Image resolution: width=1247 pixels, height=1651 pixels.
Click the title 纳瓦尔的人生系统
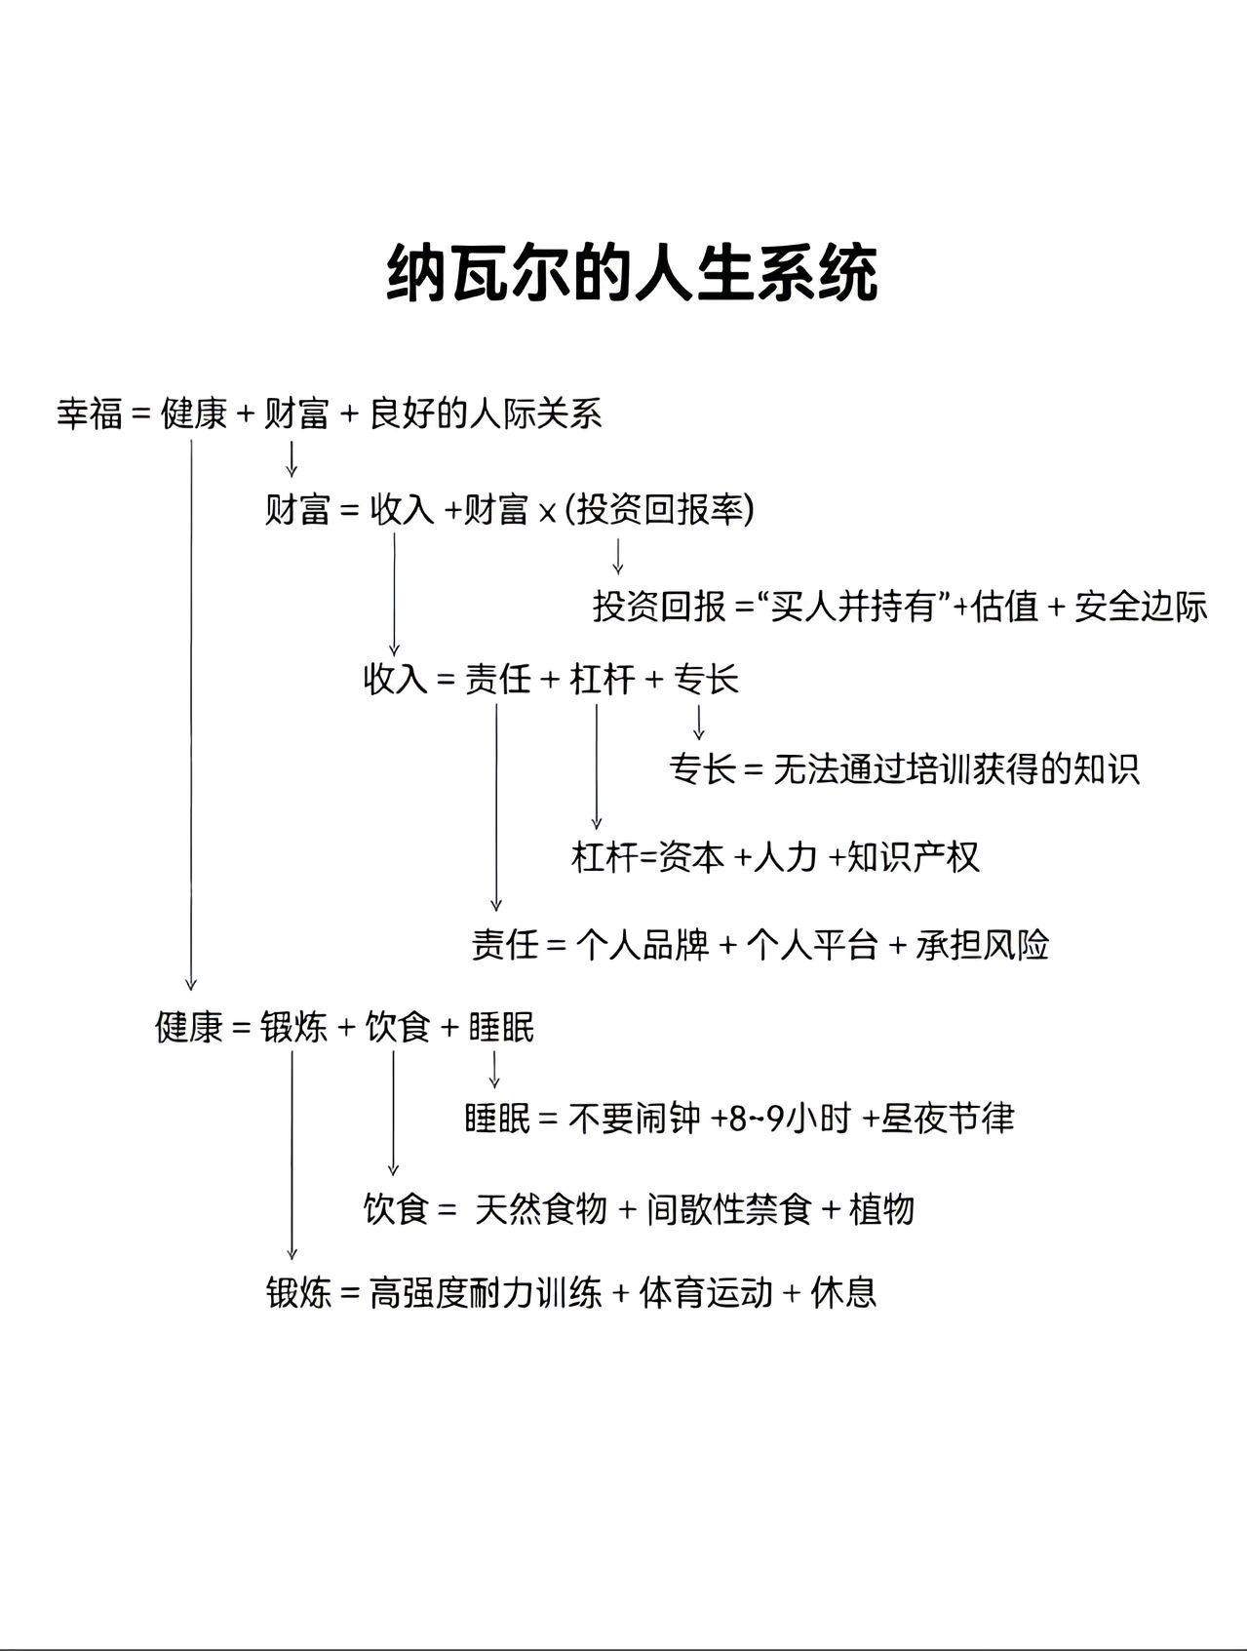coord(632,274)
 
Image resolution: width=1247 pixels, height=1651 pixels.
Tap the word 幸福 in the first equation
coord(90,413)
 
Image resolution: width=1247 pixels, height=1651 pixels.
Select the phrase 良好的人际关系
coord(487,413)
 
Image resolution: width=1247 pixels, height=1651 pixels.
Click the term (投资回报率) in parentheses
coord(660,509)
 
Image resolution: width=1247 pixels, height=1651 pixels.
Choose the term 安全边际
coord(1141,607)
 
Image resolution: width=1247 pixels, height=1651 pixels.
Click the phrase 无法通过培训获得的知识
coord(956,769)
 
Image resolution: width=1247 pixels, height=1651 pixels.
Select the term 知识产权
coord(914,856)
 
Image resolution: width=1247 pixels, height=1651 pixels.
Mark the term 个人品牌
coord(643,944)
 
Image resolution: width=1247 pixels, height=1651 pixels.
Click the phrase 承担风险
coord(982,944)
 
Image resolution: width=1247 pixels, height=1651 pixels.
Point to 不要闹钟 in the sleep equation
coord(634,1118)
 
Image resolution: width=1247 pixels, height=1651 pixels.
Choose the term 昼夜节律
coord(948,1118)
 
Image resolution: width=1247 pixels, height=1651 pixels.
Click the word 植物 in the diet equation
coord(881,1209)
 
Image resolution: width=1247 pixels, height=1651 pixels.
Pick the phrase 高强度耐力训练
coord(485,1293)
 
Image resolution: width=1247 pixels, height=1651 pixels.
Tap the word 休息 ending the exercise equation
coord(844,1293)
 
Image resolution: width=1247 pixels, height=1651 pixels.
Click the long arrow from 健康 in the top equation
coord(191,712)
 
